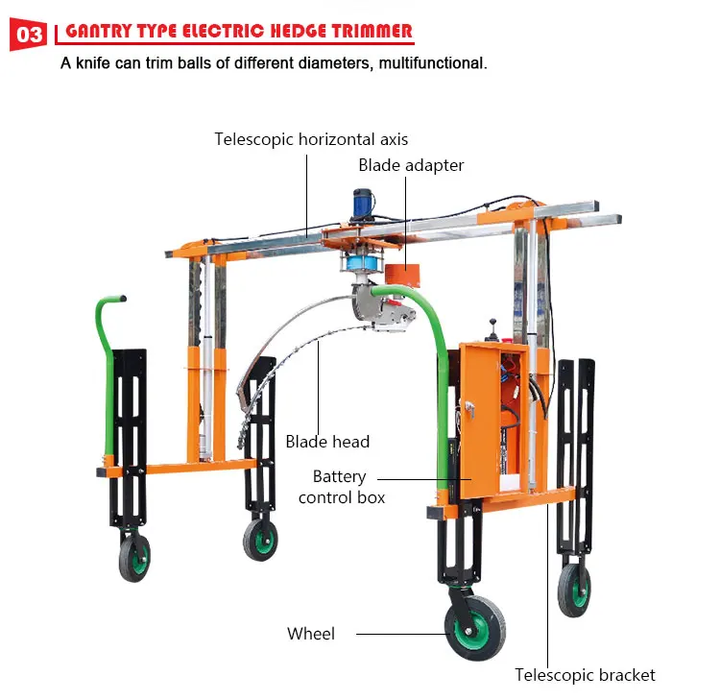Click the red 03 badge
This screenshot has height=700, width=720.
point(28,35)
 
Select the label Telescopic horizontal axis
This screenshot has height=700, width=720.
point(311,139)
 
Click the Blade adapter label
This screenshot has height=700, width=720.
point(411,165)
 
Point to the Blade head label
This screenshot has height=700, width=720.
point(327,442)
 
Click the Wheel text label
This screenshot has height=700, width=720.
point(311,634)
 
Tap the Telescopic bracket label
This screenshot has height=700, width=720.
point(585,675)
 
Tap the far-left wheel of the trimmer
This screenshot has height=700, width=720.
point(135,557)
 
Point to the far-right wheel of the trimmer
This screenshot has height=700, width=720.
point(574,588)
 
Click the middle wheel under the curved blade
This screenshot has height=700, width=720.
point(259,539)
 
